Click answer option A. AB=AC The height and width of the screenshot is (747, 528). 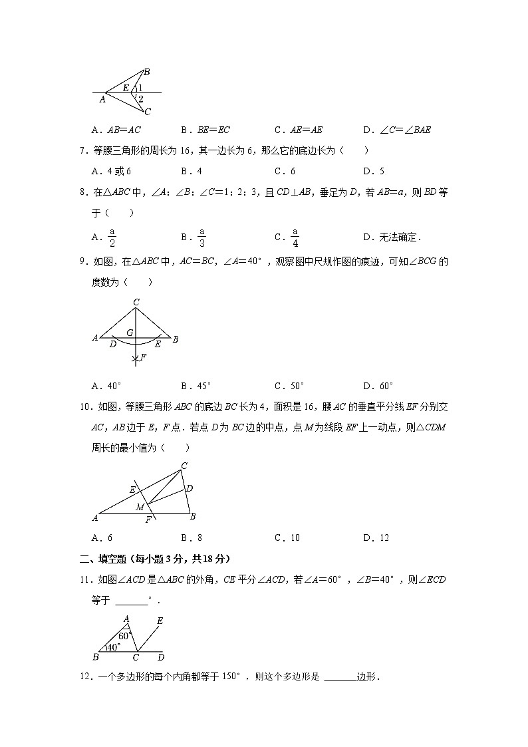coord(116,130)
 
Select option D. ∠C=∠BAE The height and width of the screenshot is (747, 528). coord(396,130)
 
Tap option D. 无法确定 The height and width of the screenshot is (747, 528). coord(392,237)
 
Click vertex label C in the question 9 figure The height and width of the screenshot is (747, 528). coord(136,303)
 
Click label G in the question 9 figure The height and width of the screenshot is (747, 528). coord(130,332)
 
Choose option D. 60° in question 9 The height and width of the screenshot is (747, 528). coord(378,385)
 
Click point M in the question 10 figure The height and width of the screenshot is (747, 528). coord(140,508)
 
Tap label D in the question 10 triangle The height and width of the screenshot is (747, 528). coord(190,489)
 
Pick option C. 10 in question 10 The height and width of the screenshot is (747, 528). coord(287,537)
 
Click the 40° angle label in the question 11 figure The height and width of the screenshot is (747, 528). coord(114,646)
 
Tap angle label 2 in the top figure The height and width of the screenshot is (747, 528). coord(140,99)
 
